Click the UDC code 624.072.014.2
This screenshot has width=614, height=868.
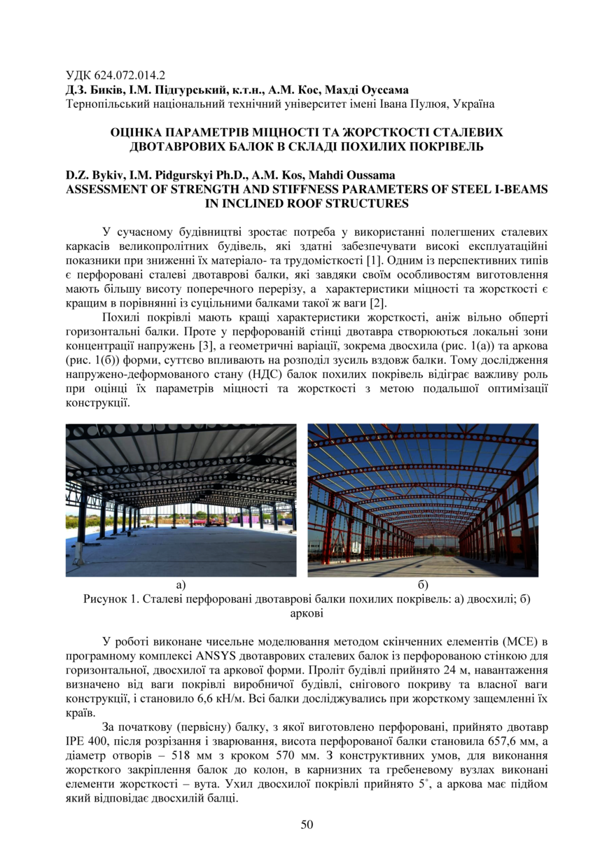tap(130, 76)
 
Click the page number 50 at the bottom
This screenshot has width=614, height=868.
tap(307, 824)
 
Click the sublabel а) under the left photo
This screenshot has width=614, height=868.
tap(181, 584)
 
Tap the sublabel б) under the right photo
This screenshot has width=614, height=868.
tap(423, 584)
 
